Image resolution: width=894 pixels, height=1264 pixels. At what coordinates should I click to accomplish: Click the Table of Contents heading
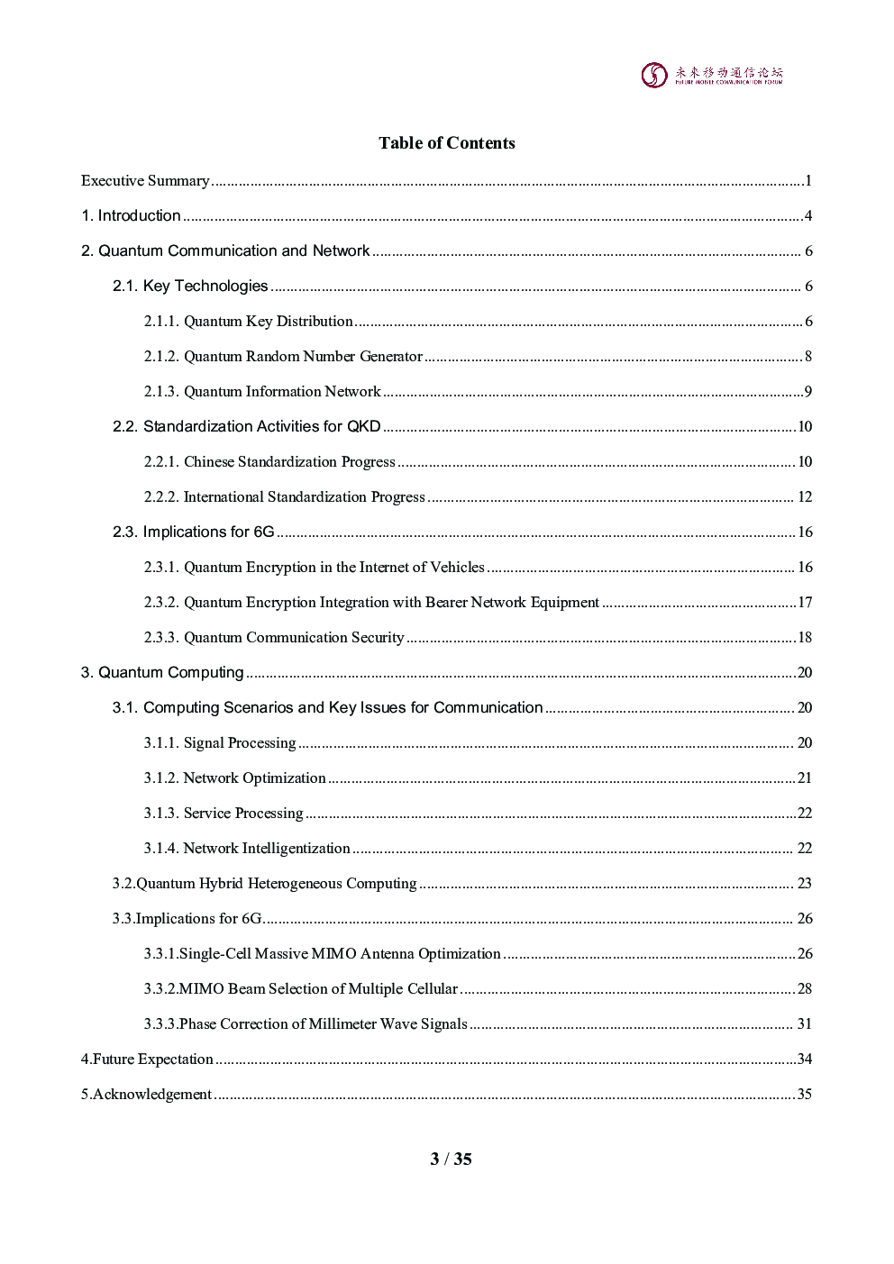pyautogui.click(x=446, y=143)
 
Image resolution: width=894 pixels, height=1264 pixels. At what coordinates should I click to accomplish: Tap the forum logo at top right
pyautogui.click(x=712, y=75)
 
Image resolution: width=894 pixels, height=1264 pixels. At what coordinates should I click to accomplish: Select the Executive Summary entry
pyautogui.click(x=145, y=181)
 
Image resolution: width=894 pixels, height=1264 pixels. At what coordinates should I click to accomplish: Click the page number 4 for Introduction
pyautogui.click(x=808, y=216)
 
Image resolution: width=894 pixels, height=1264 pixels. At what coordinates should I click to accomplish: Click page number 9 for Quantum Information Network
pyautogui.click(x=808, y=392)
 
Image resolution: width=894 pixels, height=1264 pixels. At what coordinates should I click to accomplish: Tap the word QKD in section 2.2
pyautogui.click(x=364, y=427)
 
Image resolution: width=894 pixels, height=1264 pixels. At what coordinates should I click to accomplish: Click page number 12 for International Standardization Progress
pyautogui.click(x=805, y=497)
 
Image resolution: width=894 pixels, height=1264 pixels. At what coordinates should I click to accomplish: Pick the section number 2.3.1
pyautogui.click(x=161, y=568)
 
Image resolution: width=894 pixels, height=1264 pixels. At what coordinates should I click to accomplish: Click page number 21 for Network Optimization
pyautogui.click(x=805, y=778)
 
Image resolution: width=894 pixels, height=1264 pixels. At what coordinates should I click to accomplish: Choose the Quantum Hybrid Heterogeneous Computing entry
pyautogui.click(x=264, y=884)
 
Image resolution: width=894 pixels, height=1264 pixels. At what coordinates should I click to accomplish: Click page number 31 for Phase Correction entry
pyautogui.click(x=805, y=1024)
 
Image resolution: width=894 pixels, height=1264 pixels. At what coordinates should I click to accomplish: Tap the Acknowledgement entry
pyautogui.click(x=147, y=1095)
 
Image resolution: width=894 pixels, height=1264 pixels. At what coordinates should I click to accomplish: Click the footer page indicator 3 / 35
pyautogui.click(x=451, y=1159)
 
